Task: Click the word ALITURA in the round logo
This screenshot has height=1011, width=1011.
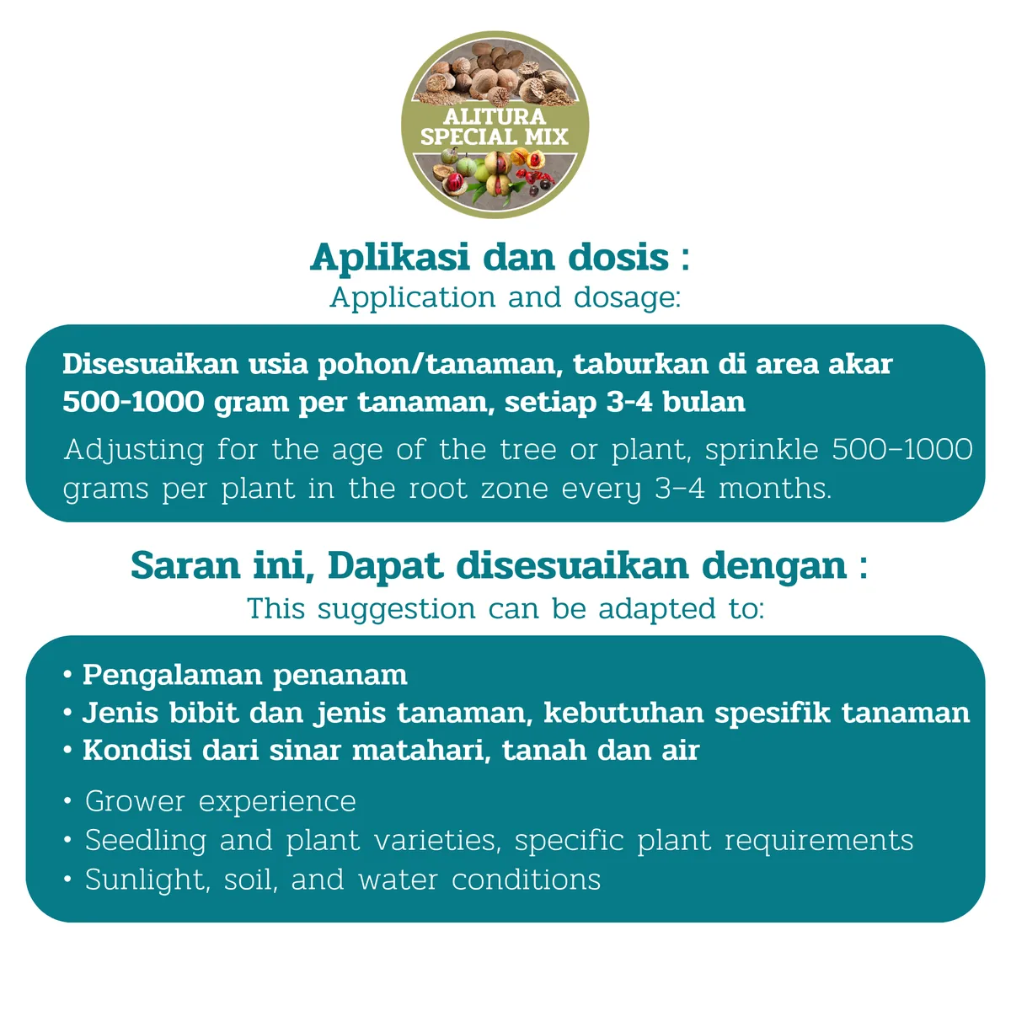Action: coord(495,116)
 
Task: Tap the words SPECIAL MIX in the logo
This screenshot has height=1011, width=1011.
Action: coord(495,136)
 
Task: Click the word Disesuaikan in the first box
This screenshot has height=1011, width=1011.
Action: coord(151,364)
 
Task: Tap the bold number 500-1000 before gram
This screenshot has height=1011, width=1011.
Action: coord(133,403)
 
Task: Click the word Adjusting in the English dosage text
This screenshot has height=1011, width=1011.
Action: coord(134,451)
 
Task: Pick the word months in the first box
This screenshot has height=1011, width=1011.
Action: coord(774,489)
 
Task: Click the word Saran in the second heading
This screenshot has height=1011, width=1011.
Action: coord(185,566)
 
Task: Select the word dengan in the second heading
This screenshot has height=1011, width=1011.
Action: coord(774,568)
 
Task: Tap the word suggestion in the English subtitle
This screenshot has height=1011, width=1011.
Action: coord(396,610)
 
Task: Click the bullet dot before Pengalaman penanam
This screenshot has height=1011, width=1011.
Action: coord(67,674)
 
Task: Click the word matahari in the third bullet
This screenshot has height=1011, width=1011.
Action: coord(421,751)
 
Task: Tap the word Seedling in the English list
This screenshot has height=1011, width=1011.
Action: coord(145,841)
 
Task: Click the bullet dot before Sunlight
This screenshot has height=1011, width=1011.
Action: coord(67,880)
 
